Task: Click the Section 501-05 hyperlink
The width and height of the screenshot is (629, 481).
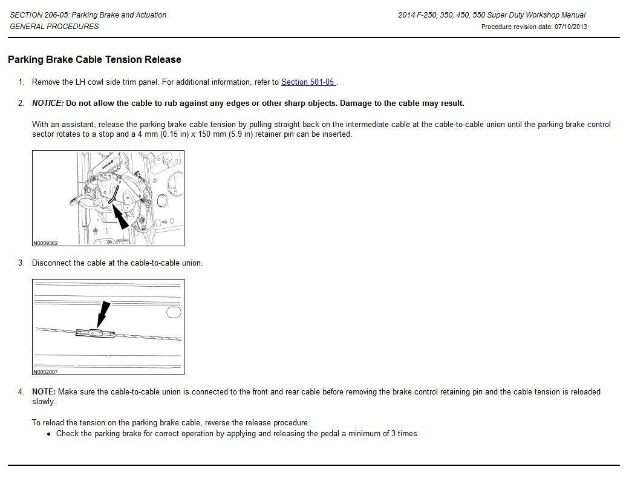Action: [307, 82]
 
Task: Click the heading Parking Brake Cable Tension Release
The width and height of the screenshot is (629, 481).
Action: [94, 60]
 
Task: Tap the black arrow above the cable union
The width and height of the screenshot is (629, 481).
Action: [103, 313]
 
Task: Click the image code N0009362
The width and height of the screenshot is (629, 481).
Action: [45, 243]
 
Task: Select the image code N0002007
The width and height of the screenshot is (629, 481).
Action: [45, 372]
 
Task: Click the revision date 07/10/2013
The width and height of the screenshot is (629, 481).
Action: [570, 27]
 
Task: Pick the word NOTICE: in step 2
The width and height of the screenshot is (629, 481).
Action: [47, 103]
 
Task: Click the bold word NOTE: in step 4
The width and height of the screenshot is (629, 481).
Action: [44, 392]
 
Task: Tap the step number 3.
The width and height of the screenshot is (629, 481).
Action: [21, 263]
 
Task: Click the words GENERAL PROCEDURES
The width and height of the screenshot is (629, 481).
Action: [54, 27]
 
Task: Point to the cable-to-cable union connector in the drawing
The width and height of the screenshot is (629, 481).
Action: [95, 333]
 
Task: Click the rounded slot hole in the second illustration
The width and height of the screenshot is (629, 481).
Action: [173, 312]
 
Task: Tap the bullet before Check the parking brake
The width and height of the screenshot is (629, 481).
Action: [49, 434]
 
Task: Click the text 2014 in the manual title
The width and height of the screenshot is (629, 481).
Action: [406, 15]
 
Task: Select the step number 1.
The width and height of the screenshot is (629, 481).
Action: [21, 82]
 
